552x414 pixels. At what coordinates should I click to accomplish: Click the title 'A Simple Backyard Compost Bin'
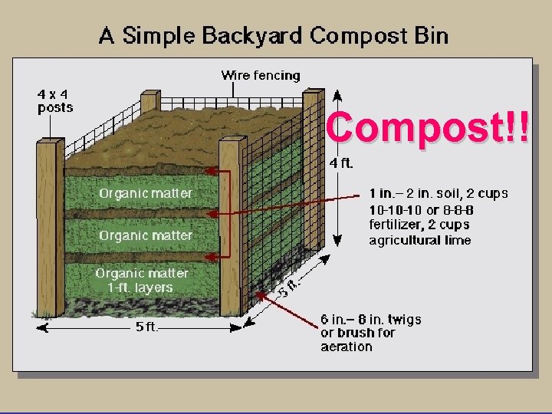273,35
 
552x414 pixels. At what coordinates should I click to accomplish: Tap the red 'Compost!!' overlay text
427,127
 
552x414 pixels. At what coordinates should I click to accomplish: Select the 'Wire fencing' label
261,75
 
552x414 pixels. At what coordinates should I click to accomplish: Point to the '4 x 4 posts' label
55,101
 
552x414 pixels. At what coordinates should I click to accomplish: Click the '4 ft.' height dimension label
341,163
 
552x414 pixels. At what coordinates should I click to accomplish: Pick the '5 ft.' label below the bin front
146,327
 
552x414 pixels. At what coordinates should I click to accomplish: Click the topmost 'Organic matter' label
145,193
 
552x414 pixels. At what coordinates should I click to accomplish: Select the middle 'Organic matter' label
145,235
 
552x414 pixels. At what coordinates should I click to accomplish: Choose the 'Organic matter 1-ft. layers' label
142,281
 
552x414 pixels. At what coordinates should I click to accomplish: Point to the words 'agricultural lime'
420,240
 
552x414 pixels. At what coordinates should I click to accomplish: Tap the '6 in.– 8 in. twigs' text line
370,319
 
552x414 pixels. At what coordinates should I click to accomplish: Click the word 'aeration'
347,347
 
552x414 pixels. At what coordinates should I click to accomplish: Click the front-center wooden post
231,230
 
